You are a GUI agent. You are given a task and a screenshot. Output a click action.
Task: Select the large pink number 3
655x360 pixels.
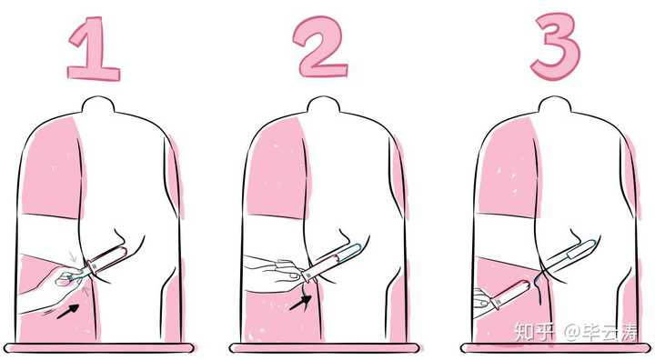click(556, 46)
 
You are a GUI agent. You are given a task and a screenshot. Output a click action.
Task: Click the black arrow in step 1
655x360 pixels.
click(67, 312)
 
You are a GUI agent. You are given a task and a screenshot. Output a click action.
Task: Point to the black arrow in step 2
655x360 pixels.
click(300, 303)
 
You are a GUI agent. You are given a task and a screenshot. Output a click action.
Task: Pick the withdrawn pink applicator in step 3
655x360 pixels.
click(510, 294)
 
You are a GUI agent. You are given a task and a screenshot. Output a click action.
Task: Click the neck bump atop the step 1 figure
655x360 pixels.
click(98, 105)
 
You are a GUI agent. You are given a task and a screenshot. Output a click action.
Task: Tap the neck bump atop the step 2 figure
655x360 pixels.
click(323, 105)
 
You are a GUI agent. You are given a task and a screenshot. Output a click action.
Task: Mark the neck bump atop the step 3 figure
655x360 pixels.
click(555, 105)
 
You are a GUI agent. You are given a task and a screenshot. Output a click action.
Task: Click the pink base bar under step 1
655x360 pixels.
click(98, 348)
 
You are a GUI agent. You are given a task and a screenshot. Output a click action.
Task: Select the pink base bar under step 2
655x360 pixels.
click(324, 348)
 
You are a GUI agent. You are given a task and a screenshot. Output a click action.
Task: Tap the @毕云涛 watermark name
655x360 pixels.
click(600, 333)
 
